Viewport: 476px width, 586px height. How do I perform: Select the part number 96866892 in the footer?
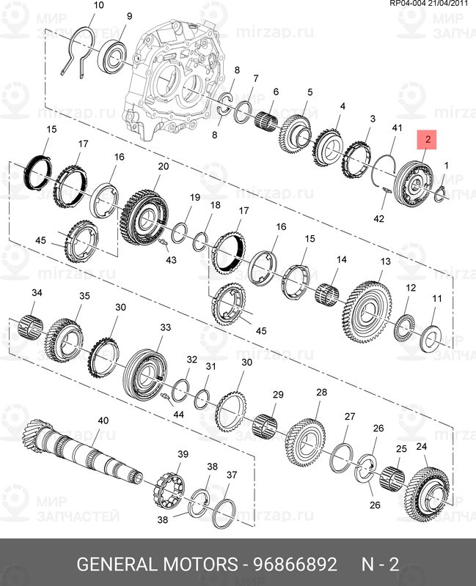(x=295, y=565)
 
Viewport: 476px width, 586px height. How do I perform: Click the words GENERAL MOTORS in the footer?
(x=157, y=565)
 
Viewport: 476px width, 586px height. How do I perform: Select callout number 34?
(x=37, y=292)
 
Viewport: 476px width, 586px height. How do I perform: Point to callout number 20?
(x=163, y=166)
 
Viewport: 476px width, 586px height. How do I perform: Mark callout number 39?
(x=183, y=454)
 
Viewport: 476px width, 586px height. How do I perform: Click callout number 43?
(x=171, y=259)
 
